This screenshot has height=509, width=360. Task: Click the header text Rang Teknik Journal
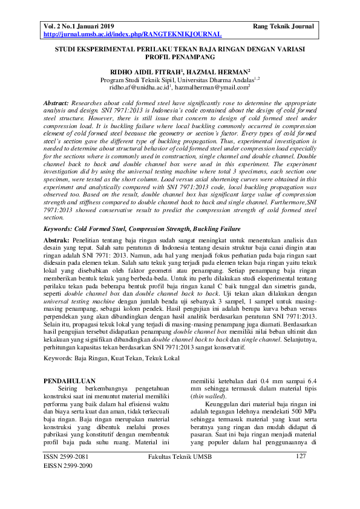(x=284, y=27)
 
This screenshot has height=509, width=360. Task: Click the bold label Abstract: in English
(x=57, y=104)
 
